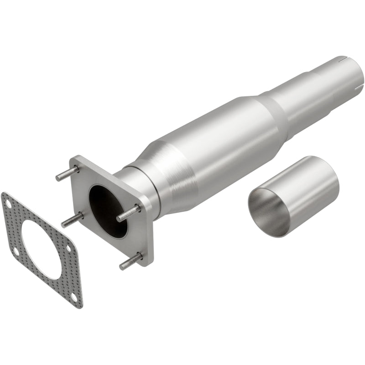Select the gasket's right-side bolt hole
[68, 248]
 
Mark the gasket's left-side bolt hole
[15, 250]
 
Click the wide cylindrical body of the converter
[219, 146]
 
